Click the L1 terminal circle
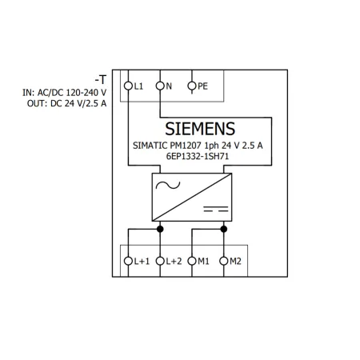tap(128, 86)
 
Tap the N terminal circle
tap(160, 86)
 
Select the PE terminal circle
tap(192, 86)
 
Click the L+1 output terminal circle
tap(128, 261)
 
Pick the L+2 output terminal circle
tap(160, 261)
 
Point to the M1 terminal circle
tap(192, 261)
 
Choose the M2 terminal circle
tap(224, 261)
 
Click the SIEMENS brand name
tap(200, 129)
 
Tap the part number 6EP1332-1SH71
tap(198, 156)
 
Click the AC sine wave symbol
tap(168, 185)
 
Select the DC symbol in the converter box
tap(216, 209)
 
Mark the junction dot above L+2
tap(160, 229)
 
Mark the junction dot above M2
tap(224, 229)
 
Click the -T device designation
tap(101, 79)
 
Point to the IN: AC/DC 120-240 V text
tap(65, 93)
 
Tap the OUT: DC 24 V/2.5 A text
tap(67, 103)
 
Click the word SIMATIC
tap(150, 146)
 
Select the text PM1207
tap(186, 146)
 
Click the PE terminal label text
tap(202, 86)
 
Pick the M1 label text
tap(203, 261)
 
